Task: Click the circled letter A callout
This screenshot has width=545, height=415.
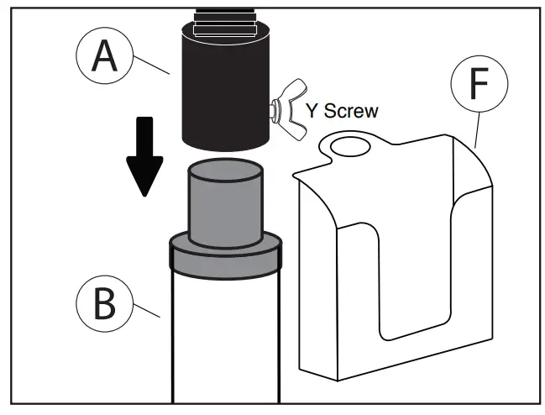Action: point(104,56)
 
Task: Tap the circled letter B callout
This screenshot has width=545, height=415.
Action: point(103,304)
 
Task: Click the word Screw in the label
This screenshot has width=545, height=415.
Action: point(350,109)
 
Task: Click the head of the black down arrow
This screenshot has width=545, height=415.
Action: point(146,176)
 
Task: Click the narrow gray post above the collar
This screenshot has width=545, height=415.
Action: point(223,202)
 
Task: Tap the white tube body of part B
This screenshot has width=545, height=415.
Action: point(224,336)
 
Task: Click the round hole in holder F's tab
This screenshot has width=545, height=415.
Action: point(348,148)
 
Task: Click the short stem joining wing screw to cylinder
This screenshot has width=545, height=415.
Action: point(273,107)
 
